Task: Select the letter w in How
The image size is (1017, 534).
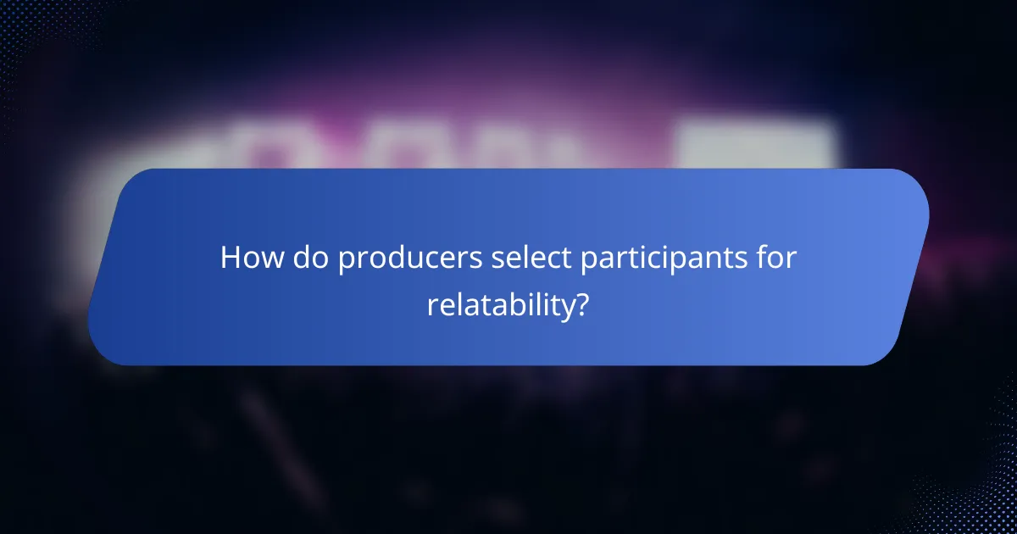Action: click(270, 259)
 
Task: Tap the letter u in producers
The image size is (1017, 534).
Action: click(428, 259)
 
